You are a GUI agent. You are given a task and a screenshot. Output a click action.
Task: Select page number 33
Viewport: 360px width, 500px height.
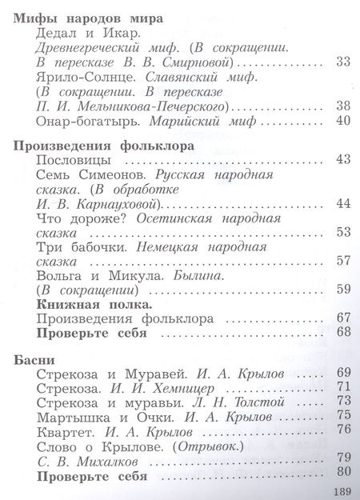345,62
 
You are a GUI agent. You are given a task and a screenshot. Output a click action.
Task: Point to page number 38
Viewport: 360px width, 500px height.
345,106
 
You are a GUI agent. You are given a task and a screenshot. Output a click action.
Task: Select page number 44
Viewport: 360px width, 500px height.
345,205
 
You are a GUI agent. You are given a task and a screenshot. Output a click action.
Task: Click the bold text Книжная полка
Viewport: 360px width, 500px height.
95,305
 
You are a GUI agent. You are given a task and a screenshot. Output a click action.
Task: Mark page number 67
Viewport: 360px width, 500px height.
345,318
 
